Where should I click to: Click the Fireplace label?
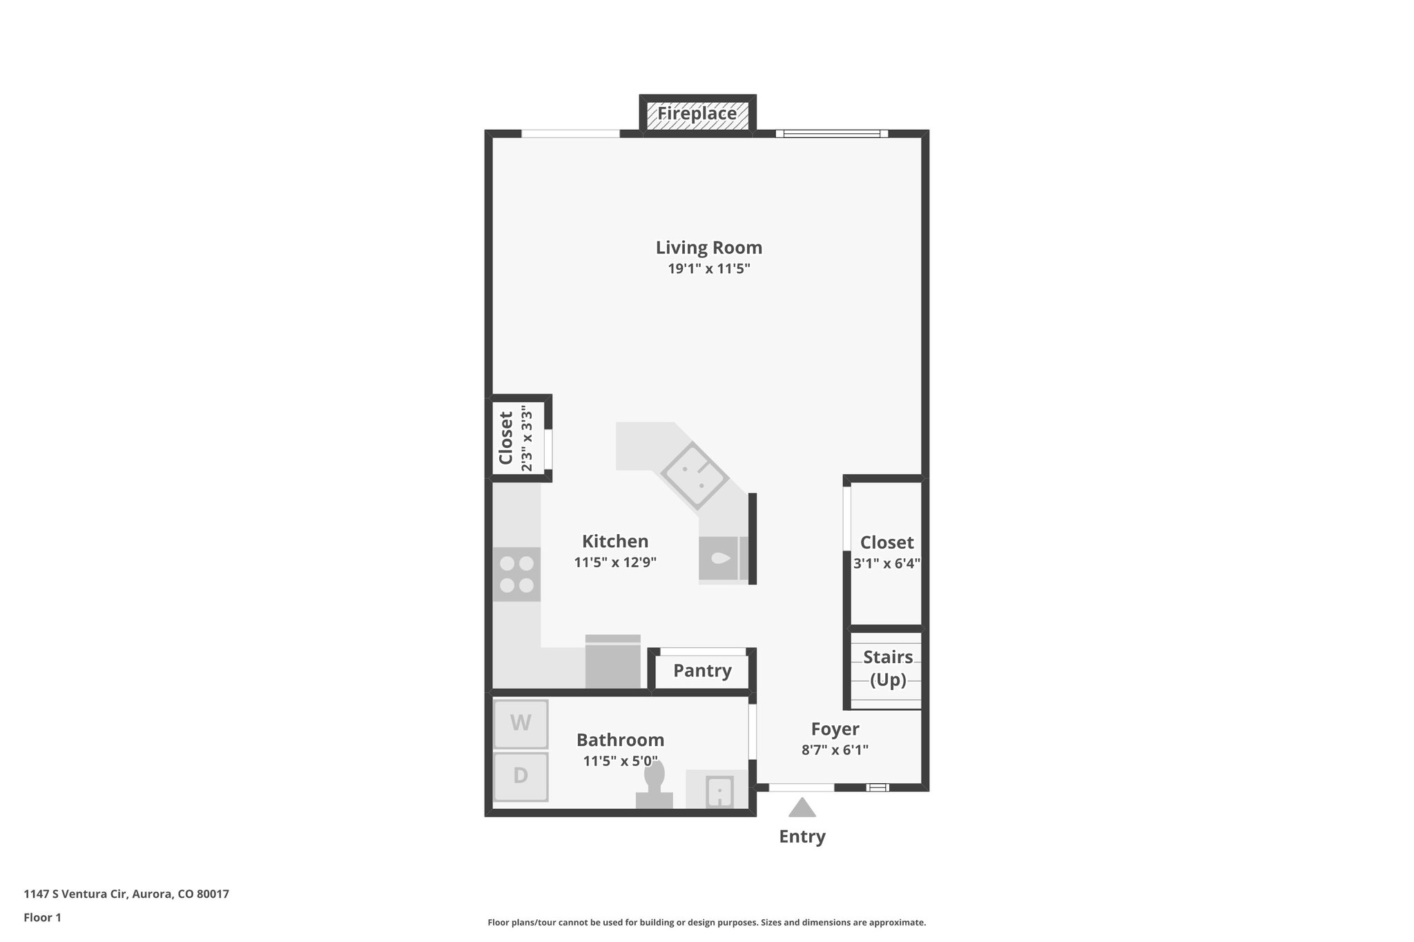point(697,113)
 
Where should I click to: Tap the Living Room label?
point(708,247)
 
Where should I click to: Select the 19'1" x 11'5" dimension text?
point(708,268)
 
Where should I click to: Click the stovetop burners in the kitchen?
point(516,575)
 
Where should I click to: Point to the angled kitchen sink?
point(694,475)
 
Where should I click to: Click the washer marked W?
point(521,723)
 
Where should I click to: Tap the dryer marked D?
point(521,776)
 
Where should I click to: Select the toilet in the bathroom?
point(654,787)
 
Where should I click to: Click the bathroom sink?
point(719,791)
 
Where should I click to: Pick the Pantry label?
point(702,670)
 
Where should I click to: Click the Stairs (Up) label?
point(888,668)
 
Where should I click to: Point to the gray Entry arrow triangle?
point(802,808)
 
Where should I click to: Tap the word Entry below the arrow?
point(802,836)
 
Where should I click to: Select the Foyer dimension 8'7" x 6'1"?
point(835,749)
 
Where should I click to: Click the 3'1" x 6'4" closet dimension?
point(887,563)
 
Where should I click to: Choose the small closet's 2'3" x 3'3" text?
point(527,438)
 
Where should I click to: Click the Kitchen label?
point(615,541)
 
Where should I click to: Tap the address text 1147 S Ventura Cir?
point(76,894)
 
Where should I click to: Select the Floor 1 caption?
point(42,918)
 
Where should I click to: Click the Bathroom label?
point(620,740)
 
